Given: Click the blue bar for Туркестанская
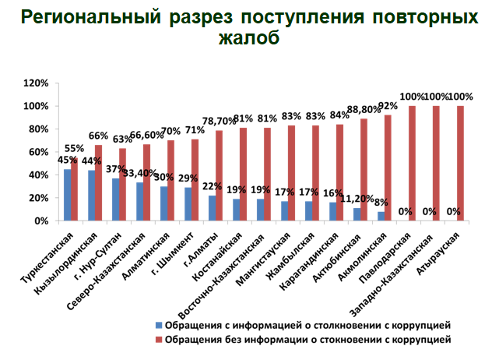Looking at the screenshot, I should coord(68,195).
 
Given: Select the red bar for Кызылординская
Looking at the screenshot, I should coord(99,183).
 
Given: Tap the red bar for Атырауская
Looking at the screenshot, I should coord(460,164).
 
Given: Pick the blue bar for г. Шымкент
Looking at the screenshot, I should coord(188,204).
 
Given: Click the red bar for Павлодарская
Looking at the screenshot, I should coord(412,164).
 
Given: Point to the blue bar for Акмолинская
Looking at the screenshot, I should coord(381,217).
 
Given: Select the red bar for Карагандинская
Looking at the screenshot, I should coord(339,173).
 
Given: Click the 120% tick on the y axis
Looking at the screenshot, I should coord(37,83).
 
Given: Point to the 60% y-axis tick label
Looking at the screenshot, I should coord(40,152).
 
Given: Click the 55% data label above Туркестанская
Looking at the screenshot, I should coord(75,148).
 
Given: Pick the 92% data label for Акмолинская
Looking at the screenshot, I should coord(388,106).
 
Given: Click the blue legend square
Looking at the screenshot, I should coord(159,324).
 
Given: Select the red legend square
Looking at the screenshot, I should coord(159,340).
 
